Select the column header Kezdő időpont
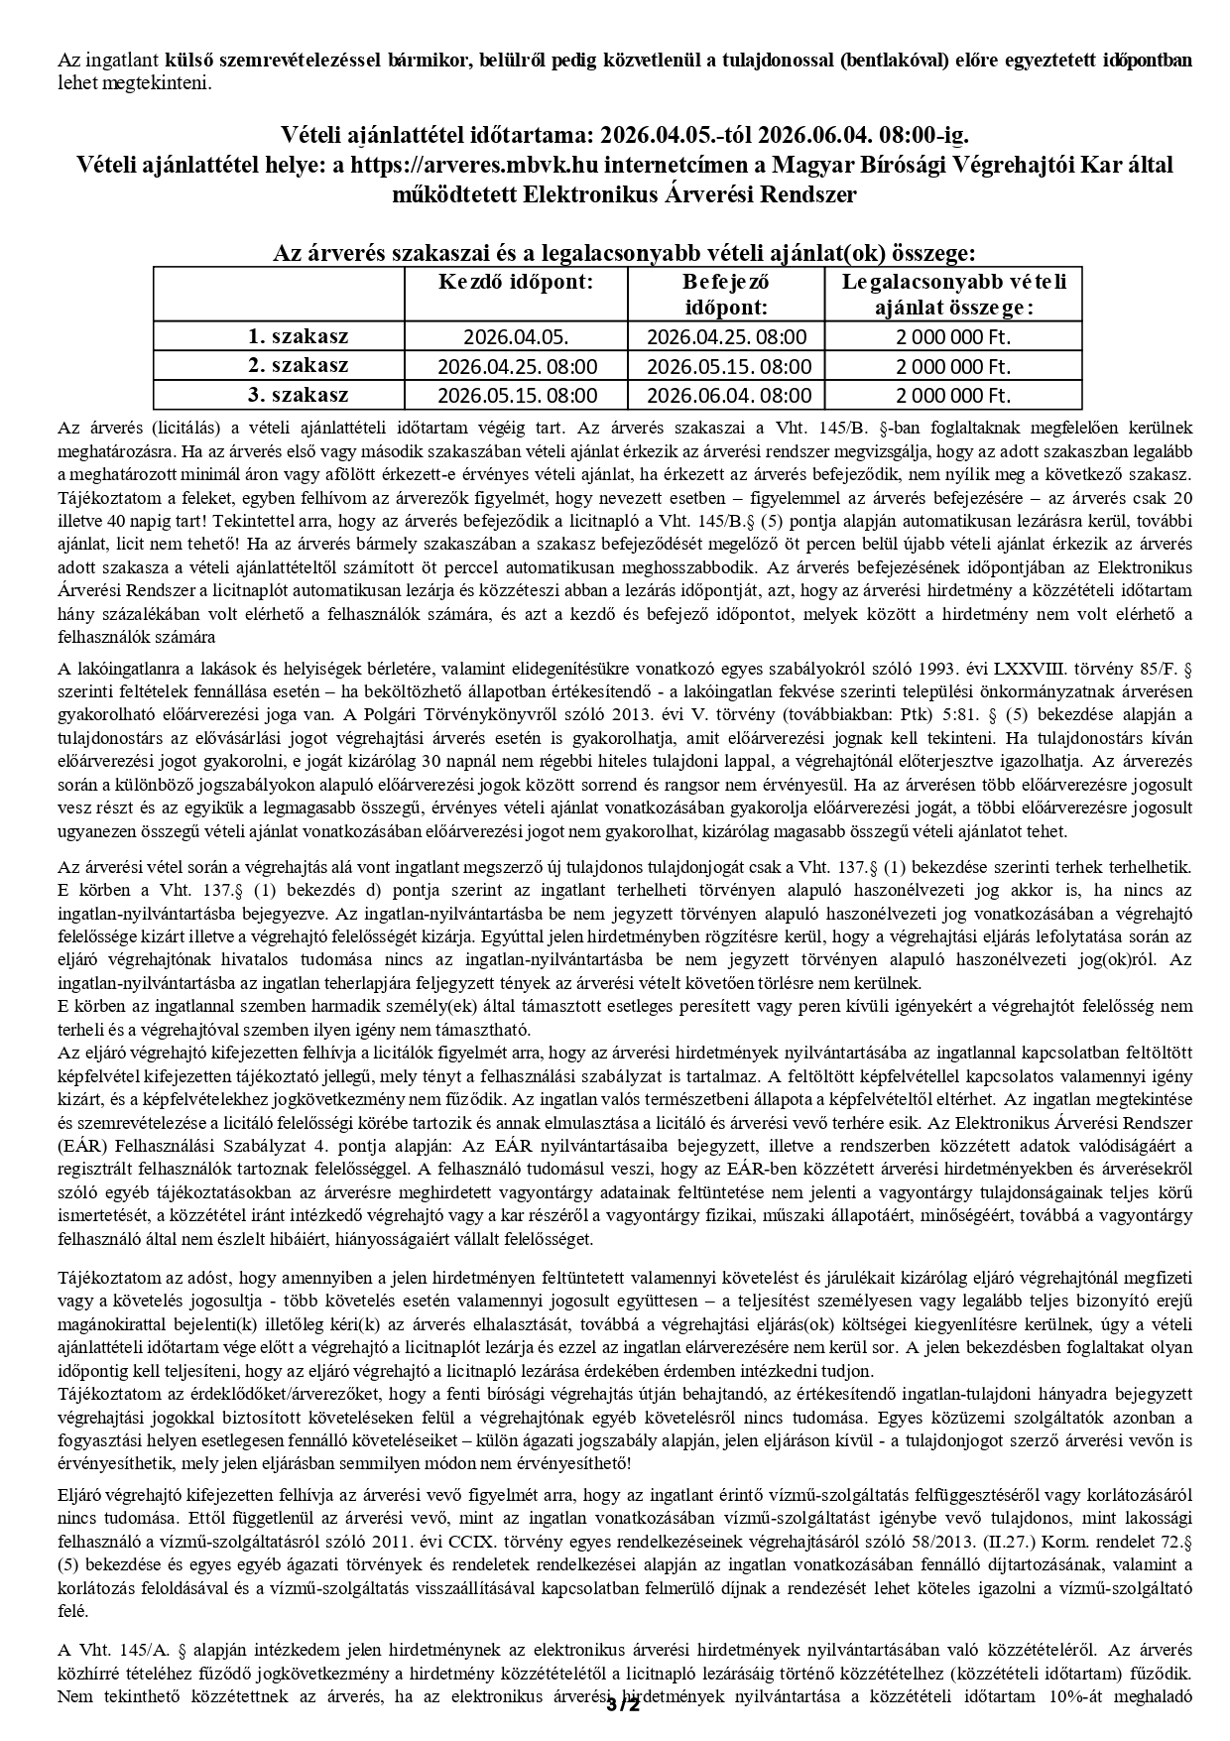click(x=516, y=282)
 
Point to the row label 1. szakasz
click(x=298, y=336)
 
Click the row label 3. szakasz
click(x=298, y=395)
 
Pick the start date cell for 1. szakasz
click(x=517, y=337)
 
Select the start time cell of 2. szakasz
click(x=517, y=366)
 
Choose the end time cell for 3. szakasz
click(x=728, y=396)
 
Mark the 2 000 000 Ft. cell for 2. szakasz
click(x=953, y=366)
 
